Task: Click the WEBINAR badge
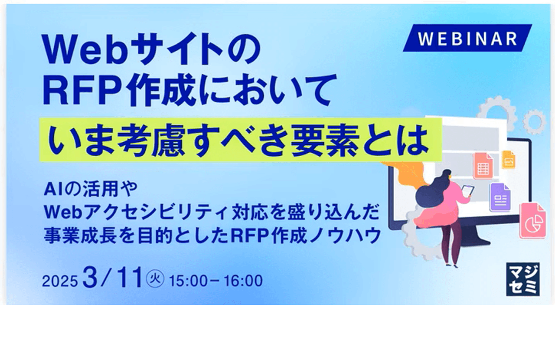467,38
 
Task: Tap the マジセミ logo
523,279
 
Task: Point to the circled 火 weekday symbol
155,279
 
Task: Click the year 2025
60,281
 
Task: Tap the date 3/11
113,278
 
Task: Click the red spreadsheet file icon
483,166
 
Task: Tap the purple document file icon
500,197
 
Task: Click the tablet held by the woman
467,191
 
